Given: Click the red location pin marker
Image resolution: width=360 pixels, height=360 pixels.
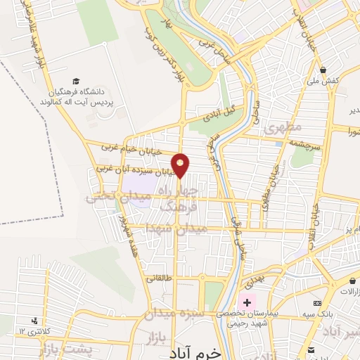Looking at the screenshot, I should pyautogui.click(x=181, y=165).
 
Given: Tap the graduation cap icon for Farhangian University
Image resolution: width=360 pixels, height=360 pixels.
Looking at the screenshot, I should pyautogui.click(x=77, y=82).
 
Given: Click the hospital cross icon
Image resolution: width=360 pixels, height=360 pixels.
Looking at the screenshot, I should pyautogui.click(x=247, y=302).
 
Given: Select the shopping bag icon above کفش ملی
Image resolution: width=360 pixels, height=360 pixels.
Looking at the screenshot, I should pyautogui.click(x=323, y=70).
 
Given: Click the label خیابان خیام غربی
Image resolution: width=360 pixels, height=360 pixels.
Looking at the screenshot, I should pyautogui.click(x=132, y=149).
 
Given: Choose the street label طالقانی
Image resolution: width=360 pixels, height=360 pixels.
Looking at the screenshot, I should pyautogui.click(x=159, y=278).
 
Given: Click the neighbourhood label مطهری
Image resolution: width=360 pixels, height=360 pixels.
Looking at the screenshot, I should pyautogui.click(x=283, y=128).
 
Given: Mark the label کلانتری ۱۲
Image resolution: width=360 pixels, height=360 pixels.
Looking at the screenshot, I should pyautogui.click(x=32, y=331).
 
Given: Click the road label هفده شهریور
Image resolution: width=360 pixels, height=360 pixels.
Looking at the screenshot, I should pyautogui.click(x=127, y=232).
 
